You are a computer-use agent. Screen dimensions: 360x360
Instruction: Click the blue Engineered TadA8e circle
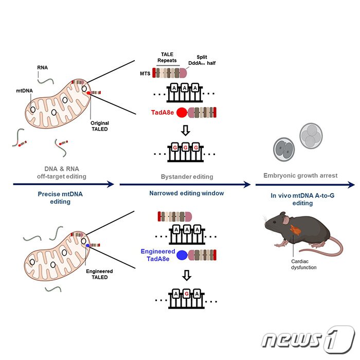click(x=182, y=254)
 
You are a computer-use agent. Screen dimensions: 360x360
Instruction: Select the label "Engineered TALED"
click(x=100, y=274)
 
